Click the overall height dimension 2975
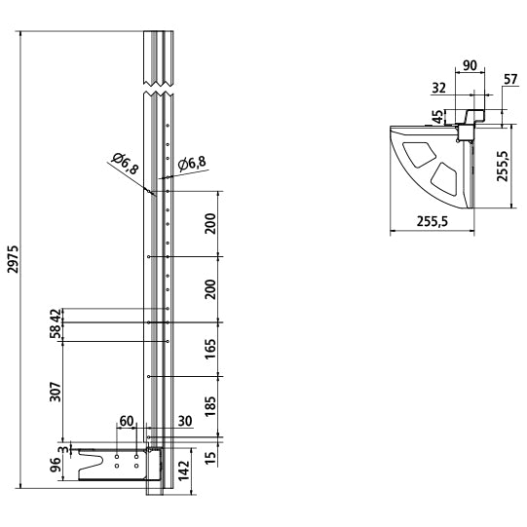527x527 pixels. (x=13, y=259)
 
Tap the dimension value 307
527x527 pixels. (x=56, y=392)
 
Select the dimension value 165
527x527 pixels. (x=210, y=349)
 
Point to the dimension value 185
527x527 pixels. (x=210, y=406)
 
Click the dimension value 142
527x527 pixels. (x=184, y=471)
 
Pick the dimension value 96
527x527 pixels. (x=56, y=465)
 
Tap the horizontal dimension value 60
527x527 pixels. (x=127, y=421)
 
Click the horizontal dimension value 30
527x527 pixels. (x=184, y=421)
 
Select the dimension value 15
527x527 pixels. (x=210, y=458)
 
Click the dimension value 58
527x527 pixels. (x=56, y=331)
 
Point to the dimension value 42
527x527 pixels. (x=56, y=316)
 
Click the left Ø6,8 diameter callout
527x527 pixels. (x=125, y=164)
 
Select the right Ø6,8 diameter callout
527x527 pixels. (x=192, y=164)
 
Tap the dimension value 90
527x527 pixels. (x=470, y=65)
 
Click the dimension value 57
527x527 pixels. (x=510, y=80)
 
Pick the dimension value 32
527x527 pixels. (x=438, y=88)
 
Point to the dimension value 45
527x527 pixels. (x=438, y=117)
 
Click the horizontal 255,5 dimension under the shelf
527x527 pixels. (x=433, y=221)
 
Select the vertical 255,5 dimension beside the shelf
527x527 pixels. (x=503, y=166)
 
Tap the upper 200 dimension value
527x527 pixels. (x=210, y=223)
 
